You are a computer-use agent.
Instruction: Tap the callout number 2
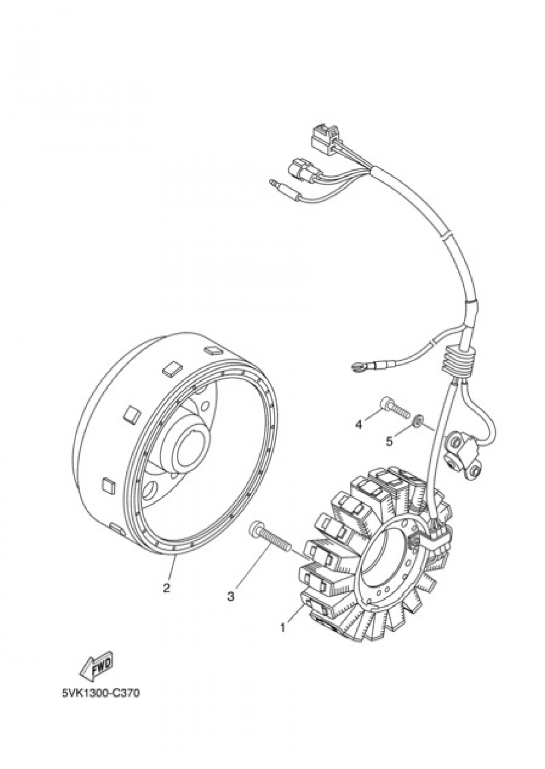(166, 588)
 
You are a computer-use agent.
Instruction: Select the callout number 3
(231, 597)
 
